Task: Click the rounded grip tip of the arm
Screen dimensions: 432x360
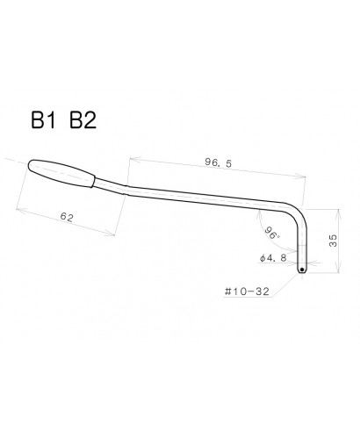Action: click(x=32, y=165)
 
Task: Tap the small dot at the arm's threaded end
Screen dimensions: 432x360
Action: click(x=301, y=270)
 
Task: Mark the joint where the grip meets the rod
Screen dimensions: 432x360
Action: click(x=97, y=183)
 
